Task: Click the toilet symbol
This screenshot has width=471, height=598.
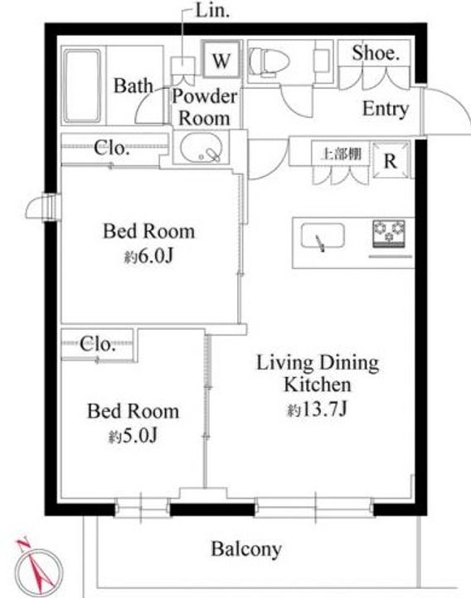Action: [x=269, y=61]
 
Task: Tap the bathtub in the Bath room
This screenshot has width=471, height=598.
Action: [x=83, y=86]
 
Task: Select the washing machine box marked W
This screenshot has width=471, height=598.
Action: [x=221, y=60]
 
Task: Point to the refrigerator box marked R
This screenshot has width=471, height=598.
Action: [x=391, y=160]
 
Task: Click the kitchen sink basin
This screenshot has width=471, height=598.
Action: [x=323, y=237]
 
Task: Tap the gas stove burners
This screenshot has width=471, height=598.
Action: [x=389, y=232]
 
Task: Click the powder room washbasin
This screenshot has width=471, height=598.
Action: [x=201, y=148]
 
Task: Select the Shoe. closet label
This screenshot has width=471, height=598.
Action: [x=376, y=53]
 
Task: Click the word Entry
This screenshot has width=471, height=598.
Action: [x=386, y=109]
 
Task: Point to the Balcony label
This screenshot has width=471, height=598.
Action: [x=246, y=549]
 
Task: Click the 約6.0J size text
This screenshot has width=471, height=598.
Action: [x=149, y=257]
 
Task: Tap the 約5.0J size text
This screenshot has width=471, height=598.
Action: [x=133, y=436]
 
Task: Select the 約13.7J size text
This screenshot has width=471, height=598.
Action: [x=317, y=410]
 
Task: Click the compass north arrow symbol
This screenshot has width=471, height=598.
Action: [x=38, y=566]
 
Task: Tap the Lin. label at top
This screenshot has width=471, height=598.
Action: [x=212, y=11]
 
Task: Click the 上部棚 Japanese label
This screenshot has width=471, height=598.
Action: [x=341, y=154]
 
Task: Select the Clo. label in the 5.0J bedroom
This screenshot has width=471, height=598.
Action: [x=97, y=344]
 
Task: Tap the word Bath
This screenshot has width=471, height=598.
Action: [x=134, y=86]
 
